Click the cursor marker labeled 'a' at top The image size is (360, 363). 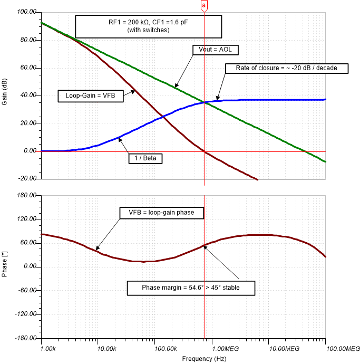pyautogui.click(x=205, y=5)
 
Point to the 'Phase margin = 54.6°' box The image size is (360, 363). pyautogui.click(x=191, y=288)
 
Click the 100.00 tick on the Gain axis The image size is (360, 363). pyautogui.click(x=27, y=12)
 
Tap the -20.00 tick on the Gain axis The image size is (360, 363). pyautogui.click(x=27, y=179)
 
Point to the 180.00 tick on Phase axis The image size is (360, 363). pyautogui.click(x=27, y=195)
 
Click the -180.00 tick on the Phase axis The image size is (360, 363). pyautogui.click(x=26, y=338)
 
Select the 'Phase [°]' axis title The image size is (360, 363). pyautogui.click(x=5, y=267)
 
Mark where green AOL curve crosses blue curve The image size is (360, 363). pyautogui.click(x=205, y=102)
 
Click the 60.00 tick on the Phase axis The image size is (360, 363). pyautogui.click(x=29, y=243)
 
